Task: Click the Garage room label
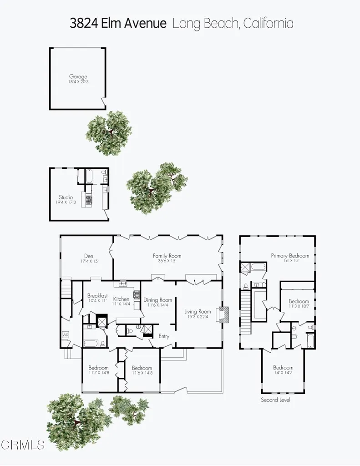click(78, 77)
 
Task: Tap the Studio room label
click(66, 198)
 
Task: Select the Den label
click(88, 256)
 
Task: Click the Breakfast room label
click(97, 295)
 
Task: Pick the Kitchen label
click(122, 299)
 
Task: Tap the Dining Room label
click(157, 300)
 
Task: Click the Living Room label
click(198, 312)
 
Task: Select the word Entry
click(164, 336)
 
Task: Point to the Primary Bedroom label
click(290, 256)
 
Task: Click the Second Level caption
click(275, 400)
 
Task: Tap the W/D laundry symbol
click(65, 334)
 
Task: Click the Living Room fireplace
click(224, 314)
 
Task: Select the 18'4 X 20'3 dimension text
click(78, 82)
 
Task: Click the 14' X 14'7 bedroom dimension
click(283, 373)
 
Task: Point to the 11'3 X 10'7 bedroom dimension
click(299, 306)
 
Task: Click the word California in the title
click(268, 24)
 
